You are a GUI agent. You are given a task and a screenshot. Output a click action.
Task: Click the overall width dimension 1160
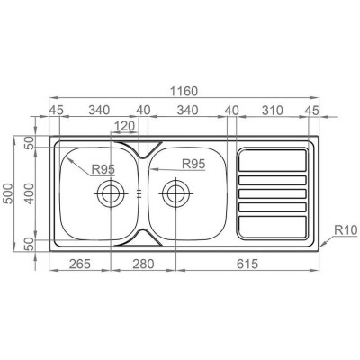click(184, 91)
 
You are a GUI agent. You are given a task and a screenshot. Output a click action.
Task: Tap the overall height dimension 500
click(9, 193)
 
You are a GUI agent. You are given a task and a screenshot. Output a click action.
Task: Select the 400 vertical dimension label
click(30, 193)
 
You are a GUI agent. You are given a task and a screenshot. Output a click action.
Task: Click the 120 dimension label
click(124, 127)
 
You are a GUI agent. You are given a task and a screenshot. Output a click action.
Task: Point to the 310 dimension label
click(273, 111)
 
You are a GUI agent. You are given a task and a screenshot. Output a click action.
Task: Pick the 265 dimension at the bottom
click(80, 264)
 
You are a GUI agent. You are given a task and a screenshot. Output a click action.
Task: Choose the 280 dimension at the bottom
click(143, 264)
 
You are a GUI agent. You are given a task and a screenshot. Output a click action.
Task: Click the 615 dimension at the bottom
click(247, 264)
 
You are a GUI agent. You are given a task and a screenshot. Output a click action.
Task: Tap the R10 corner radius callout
click(346, 230)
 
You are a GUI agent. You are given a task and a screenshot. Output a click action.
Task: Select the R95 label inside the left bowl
click(103, 169)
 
